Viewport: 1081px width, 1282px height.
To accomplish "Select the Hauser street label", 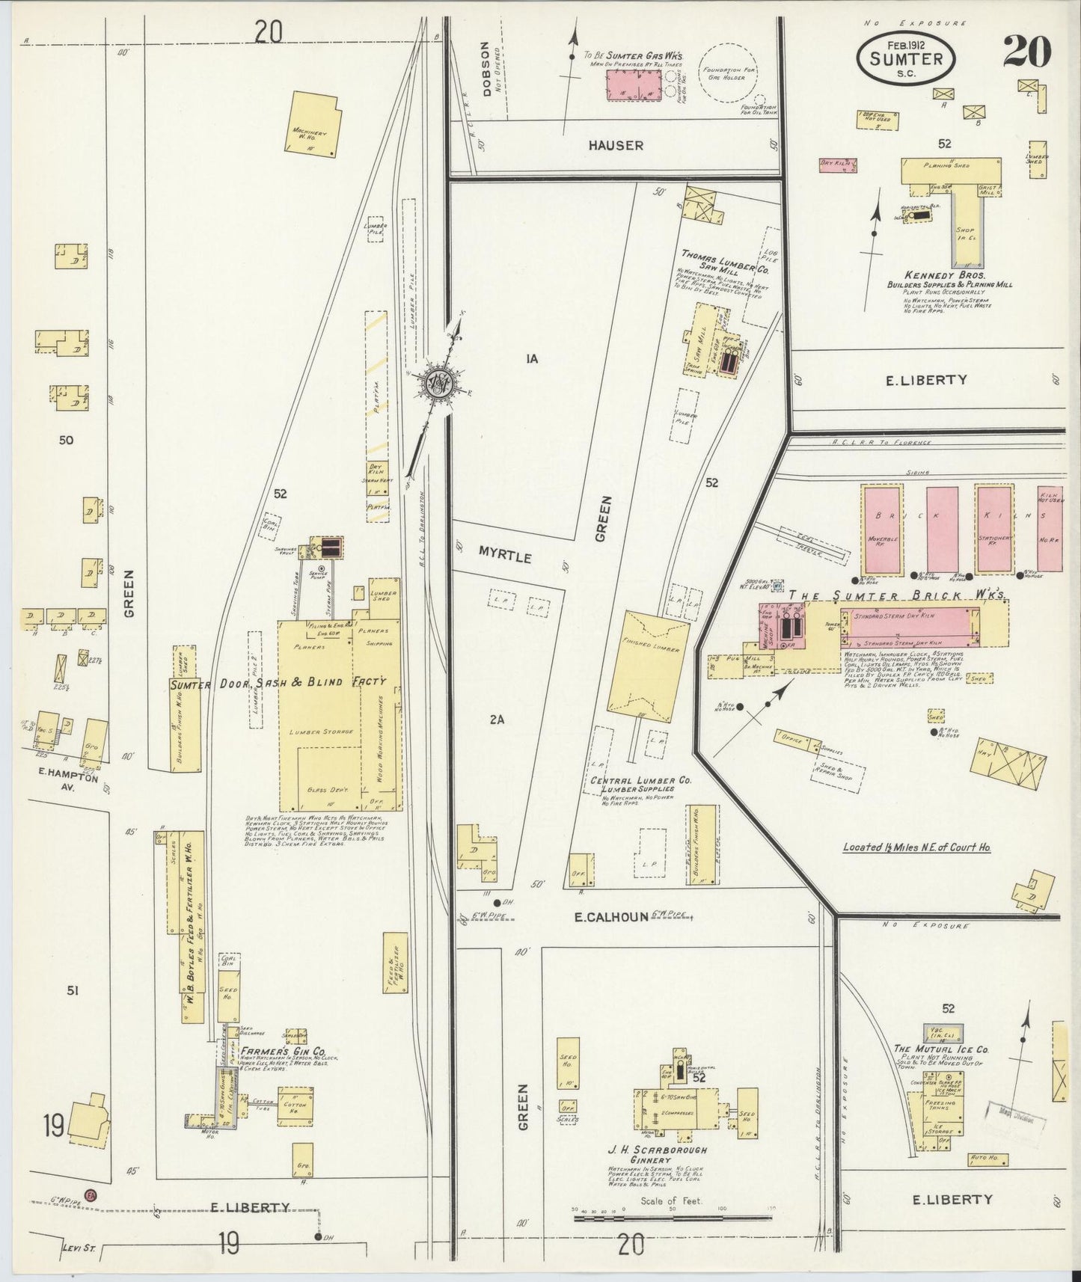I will tap(615, 145).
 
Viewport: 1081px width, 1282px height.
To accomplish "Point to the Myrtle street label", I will tap(505, 557).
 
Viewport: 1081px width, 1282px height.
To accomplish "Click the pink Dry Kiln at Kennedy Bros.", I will tap(838, 165).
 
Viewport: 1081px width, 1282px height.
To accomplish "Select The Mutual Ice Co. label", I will tap(941, 1049).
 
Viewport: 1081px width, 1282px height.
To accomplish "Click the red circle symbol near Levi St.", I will tap(91, 1194).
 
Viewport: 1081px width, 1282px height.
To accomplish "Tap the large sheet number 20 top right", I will tap(1026, 51).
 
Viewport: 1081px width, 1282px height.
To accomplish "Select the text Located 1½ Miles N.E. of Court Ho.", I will tap(916, 847).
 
